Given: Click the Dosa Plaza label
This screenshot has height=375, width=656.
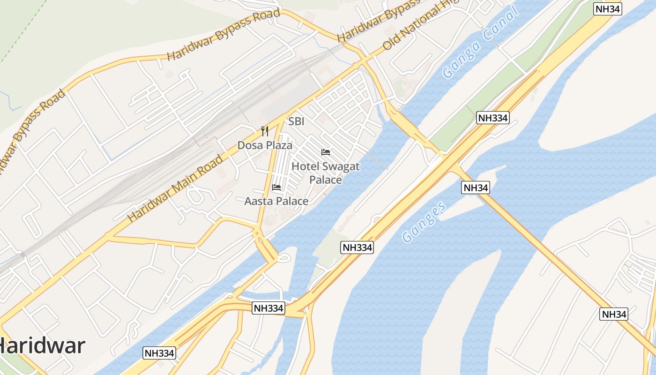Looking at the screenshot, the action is pyautogui.click(x=265, y=145).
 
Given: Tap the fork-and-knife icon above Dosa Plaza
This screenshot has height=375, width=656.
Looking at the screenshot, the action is pyautogui.click(x=265, y=131).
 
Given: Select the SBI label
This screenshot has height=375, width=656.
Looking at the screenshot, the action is pyautogui.click(x=296, y=121).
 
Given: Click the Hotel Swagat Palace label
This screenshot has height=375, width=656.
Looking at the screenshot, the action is pyautogui.click(x=326, y=172).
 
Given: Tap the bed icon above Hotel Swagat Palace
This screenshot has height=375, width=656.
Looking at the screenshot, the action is pyautogui.click(x=326, y=152).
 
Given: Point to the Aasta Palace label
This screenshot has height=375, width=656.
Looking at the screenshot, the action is pyautogui.click(x=276, y=201).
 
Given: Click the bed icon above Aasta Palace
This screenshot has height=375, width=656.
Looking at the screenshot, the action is pyautogui.click(x=276, y=187).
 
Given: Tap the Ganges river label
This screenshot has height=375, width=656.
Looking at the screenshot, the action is pyautogui.click(x=424, y=222).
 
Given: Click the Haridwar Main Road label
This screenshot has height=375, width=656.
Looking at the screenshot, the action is pyautogui.click(x=175, y=188).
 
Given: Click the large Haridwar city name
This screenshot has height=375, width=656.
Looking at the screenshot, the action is pyautogui.click(x=42, y=346).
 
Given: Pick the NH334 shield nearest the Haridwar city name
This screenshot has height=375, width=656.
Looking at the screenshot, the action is pyautogui.click(x=160, y=353).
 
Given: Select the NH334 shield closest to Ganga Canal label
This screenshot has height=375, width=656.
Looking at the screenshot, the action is pyautogui.click(x=493, y=118).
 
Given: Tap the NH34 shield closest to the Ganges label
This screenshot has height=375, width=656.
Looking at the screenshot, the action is pyautogui.click(x=476, y=187).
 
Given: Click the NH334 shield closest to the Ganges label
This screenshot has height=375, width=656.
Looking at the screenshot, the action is pyautogui.click(x=358, y=247).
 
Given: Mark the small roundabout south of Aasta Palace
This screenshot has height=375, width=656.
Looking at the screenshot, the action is pyautogui.click(x=257, y=233).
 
